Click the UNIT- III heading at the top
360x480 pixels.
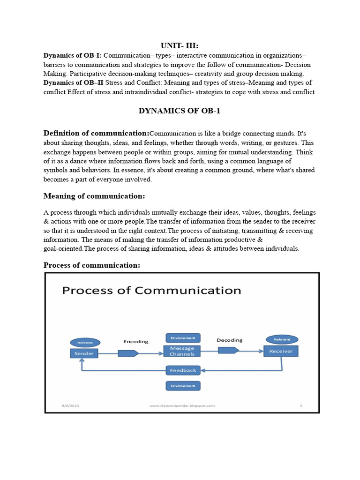[180, 45]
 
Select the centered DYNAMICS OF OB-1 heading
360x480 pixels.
[180, 111]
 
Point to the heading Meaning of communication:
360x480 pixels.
[94, 195]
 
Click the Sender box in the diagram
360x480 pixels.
[84, 353]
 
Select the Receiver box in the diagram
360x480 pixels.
[281, 351]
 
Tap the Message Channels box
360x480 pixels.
[182, 352]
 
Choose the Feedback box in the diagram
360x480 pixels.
[183, 370]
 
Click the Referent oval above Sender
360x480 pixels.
[85, 343]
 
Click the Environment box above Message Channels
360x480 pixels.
[183, 337]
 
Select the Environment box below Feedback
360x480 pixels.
[183, 386]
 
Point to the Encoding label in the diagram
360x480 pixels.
[135, 341]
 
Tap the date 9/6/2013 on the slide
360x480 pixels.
[70, 405]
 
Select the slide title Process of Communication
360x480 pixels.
[152, 291]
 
